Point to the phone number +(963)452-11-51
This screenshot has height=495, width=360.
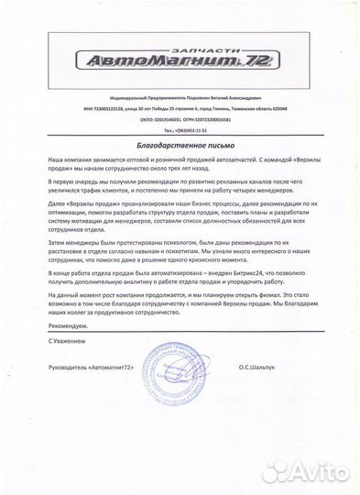click(x=188, y=131)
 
